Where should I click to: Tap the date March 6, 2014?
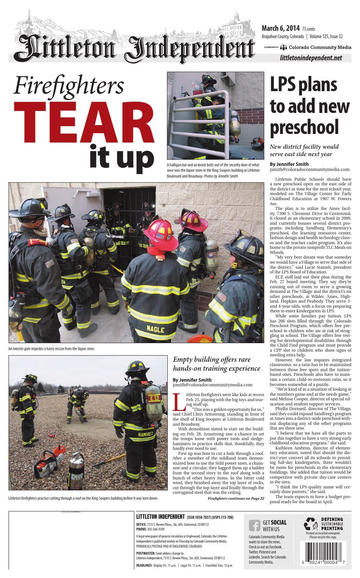click(280, 28)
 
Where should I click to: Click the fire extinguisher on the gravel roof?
click(76, 471)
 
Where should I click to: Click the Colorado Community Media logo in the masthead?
click(316, 47)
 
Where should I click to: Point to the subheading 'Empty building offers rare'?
click(211, 359)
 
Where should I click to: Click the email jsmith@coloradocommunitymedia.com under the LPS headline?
click(309, 169)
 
